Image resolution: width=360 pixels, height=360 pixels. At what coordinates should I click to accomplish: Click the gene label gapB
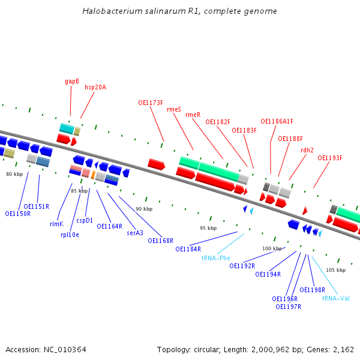coord(72,81)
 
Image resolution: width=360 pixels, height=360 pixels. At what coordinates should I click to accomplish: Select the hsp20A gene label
coord(95,87)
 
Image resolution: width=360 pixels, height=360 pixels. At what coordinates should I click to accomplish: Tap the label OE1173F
coord(151,103)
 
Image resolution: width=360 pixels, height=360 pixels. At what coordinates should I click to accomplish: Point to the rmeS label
coord(174,109)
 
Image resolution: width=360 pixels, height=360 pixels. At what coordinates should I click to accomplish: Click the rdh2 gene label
coord(307,150)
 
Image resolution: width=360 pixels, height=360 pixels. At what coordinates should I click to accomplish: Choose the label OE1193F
coord(329,158)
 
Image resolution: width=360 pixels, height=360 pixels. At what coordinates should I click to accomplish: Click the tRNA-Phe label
coord(216,258)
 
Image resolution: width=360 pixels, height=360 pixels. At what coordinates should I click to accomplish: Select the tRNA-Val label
coord(336,298)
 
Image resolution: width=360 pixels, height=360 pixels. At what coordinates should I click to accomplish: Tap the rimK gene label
coord(56,224)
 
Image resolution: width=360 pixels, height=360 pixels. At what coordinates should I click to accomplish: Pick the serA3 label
coord(135,233)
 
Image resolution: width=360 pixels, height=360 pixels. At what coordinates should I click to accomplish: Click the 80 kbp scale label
coord(14,174)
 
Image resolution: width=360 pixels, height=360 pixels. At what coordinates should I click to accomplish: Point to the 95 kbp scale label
coord(208,228)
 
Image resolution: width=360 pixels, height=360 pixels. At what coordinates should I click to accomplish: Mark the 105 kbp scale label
coord(336,270)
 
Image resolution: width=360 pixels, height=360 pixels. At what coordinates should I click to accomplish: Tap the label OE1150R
coord(18,214)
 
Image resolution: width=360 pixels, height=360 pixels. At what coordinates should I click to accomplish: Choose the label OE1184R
coord(188,249)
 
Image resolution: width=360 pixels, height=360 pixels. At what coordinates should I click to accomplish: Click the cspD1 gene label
coord(85,220)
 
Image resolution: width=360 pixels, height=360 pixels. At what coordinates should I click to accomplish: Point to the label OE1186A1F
coord(277,121)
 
